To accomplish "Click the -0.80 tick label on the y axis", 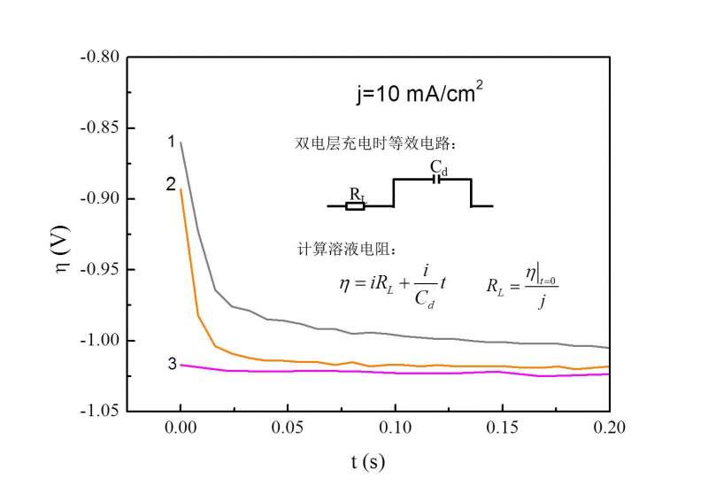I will click(x=99, y=57).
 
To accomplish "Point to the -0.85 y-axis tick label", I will click(x=99, y=127).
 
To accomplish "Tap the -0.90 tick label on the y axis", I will click(x=99, y=198).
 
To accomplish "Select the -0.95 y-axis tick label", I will click(x=99, y=269).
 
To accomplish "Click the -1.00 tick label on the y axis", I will click(x=99, y=341).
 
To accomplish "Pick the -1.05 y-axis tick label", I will click(x=99, y=412).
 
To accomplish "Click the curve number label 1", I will click(x=170, y=141).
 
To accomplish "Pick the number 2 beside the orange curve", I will click(x=170, y=183).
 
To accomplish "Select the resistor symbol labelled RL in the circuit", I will click(x=355, y=205).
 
